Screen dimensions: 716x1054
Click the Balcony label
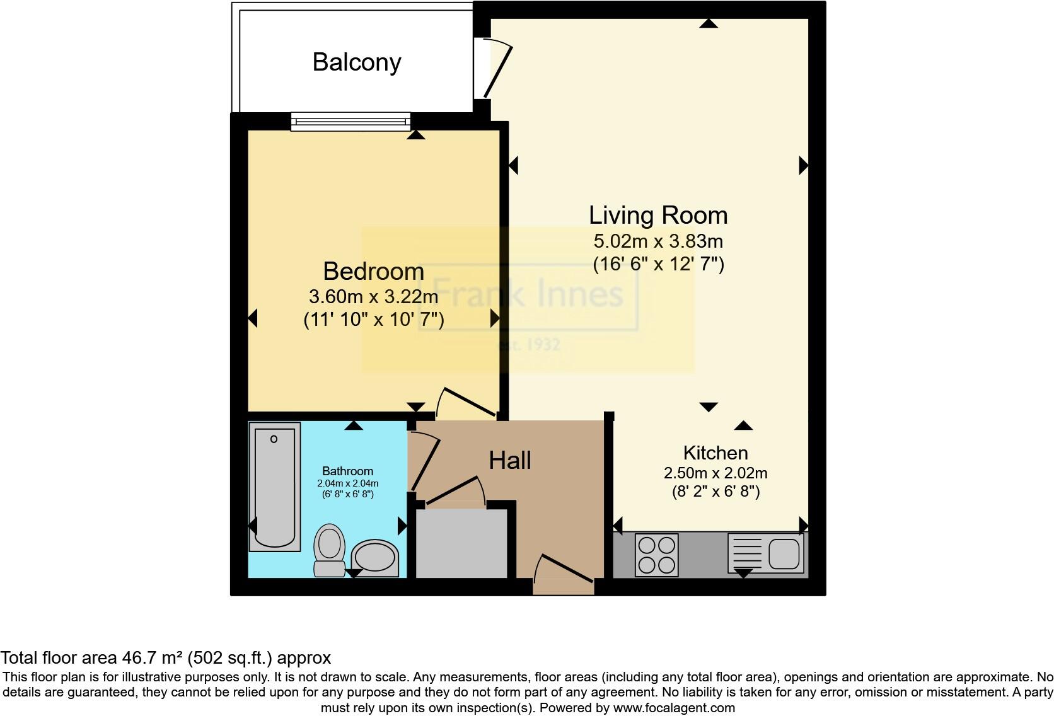click(357, 62)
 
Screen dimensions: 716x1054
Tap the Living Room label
click(658, 216)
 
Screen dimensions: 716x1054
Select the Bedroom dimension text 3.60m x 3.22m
click(373, 296)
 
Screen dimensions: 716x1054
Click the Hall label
click(509, 461)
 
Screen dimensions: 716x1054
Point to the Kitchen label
click(715, 453)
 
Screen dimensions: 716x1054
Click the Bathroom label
click(347, 471)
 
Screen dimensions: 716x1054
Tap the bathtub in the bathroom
click(274, 487)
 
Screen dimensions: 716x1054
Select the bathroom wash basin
click(374, 558)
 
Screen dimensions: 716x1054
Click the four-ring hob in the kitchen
click(656, 555)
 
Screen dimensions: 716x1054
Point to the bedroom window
click(350, 122)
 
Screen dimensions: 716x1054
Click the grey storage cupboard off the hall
click(461, 543)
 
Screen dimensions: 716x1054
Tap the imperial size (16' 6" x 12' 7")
click(658, 263)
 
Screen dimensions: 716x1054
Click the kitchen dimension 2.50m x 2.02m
click(715, 473)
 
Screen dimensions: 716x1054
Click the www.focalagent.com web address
click(674, 708)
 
